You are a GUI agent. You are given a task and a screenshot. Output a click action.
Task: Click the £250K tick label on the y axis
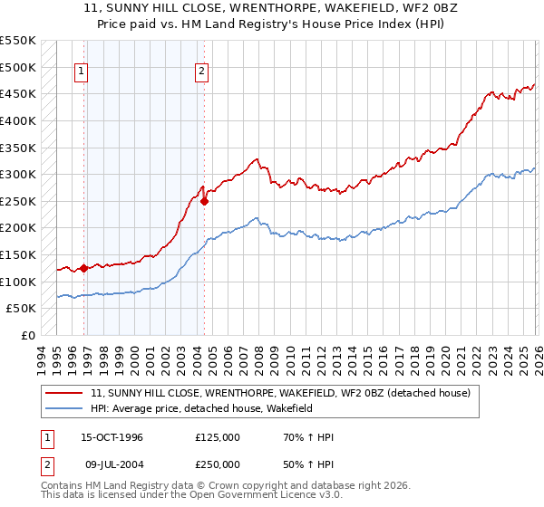click(18, 201)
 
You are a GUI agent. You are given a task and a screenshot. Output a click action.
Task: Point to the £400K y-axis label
click(18, 120)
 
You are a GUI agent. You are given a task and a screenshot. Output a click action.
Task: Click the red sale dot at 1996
click(84, 268)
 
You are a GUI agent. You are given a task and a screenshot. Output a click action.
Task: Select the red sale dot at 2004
click(204, 201)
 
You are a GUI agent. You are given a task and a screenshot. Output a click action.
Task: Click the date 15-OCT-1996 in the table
click(112, 437)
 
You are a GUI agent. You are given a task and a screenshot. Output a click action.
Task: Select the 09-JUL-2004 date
click(112, 464)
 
